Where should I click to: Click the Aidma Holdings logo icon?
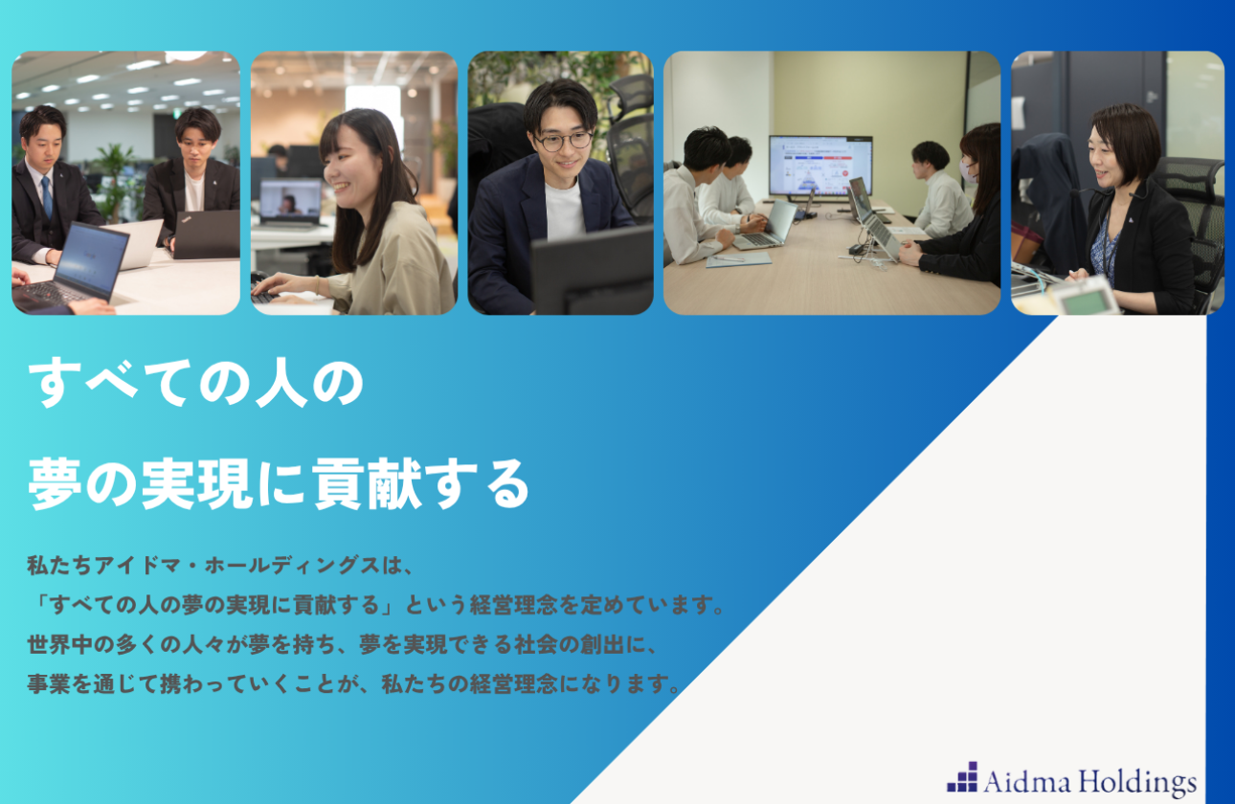962,778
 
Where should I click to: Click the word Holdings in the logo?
1138,782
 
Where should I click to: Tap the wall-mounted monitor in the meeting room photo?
820,166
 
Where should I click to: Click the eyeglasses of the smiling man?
564,141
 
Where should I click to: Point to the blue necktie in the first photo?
46,196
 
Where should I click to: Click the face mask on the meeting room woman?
968,173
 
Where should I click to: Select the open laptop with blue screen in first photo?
89,257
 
